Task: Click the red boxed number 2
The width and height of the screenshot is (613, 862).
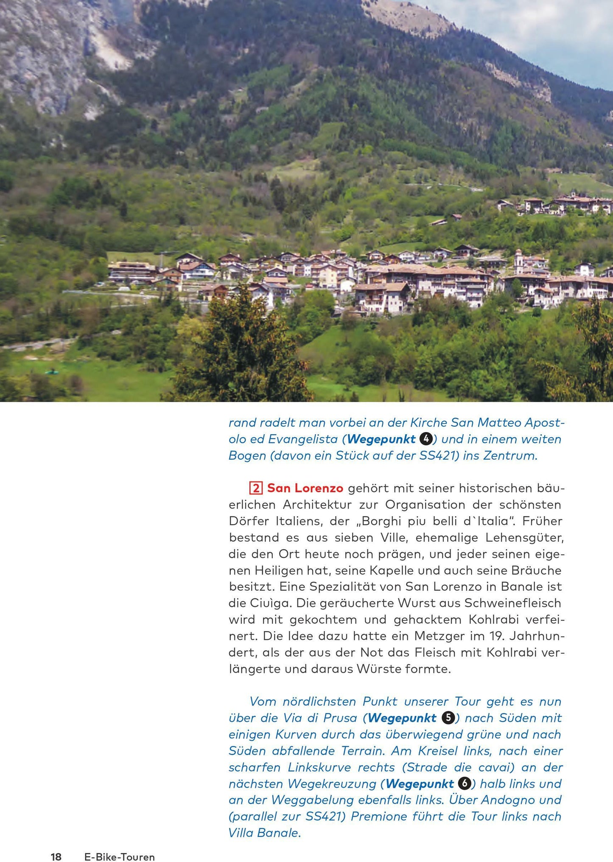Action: click(256, 488)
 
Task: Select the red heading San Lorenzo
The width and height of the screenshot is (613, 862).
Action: click(305, 488)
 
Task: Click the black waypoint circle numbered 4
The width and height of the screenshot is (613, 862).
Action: click(425, 439)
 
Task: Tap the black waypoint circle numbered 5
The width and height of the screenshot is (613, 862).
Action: click(448, 718)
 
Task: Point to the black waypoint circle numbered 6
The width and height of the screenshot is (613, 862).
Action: click(465, 783)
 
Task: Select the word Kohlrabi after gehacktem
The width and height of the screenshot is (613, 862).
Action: click(494, 620)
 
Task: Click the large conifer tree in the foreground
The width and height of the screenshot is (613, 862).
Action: click(242, 348)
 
